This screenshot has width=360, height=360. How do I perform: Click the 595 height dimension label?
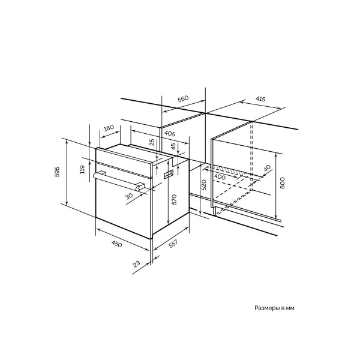coord(57,172)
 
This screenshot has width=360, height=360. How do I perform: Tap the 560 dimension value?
coord(183,99)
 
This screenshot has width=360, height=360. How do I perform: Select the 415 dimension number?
coord(260,99)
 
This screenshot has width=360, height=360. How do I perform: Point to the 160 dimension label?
coord(109,128)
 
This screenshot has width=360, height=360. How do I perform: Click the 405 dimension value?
coord(169,133)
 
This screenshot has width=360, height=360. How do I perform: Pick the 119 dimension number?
coord(83,169)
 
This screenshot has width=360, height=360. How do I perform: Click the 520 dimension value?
coord(204,185)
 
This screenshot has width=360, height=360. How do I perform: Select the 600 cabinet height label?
coord(282,183)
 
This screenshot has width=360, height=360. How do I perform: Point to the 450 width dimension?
coord(116,244)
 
